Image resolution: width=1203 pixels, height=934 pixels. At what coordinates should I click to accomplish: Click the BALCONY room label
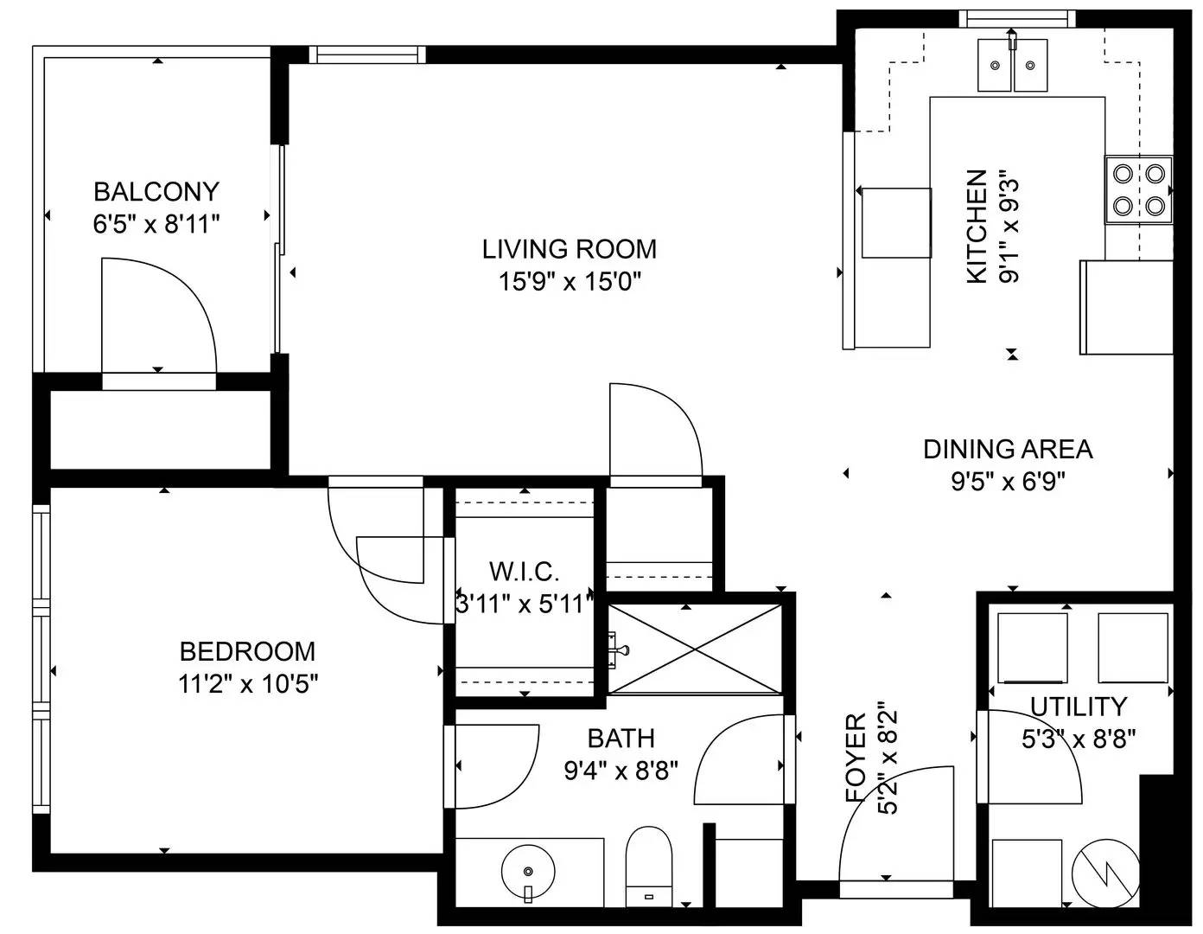pos(156,191)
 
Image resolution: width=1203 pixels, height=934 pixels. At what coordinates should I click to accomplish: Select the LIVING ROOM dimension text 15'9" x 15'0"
pos(569,282)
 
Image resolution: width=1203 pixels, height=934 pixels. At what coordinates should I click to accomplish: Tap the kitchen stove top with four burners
pos(1138,189)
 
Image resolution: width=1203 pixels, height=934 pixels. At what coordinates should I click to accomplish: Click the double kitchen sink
pos(1012,65)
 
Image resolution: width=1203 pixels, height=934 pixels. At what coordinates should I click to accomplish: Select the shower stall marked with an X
pos(695,648)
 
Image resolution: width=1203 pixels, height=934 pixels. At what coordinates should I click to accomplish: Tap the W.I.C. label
pos(524,571)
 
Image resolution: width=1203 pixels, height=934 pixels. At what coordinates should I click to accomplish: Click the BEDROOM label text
pos(247,650)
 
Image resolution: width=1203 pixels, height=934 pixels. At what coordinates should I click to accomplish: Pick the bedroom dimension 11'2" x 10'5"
pos(248,684)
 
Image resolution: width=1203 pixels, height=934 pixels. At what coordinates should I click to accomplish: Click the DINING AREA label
pos(1008,449)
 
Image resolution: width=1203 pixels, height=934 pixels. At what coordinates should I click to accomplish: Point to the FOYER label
pos(856,758)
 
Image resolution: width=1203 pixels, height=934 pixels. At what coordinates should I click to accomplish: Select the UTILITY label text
pos(1079,707)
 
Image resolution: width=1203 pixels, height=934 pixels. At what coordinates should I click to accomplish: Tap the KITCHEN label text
pos(977,227)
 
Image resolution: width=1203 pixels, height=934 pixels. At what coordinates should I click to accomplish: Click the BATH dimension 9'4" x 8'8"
pos(621,770)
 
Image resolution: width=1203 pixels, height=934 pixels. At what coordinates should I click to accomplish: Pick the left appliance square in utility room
pos(1032,647)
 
